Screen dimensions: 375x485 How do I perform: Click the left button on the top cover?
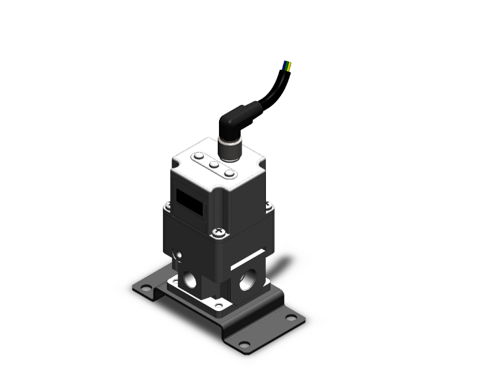tap(198, 157)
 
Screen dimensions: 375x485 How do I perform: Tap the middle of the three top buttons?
tap(213, 165)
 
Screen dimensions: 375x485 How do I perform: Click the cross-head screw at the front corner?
tap(216, 232)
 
